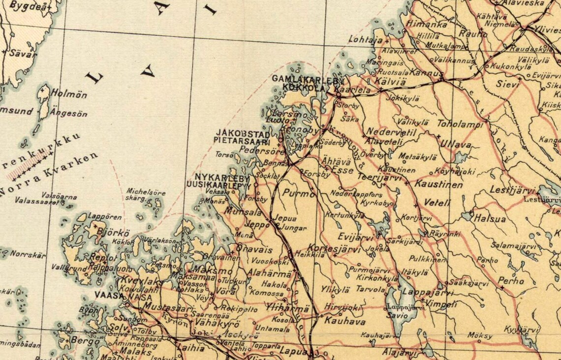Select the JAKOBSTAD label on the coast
[243, 133]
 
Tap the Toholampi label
[460, 124]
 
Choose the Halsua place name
[490, 219]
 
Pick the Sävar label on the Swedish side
[23, 54]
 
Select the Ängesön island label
[69, 114]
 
